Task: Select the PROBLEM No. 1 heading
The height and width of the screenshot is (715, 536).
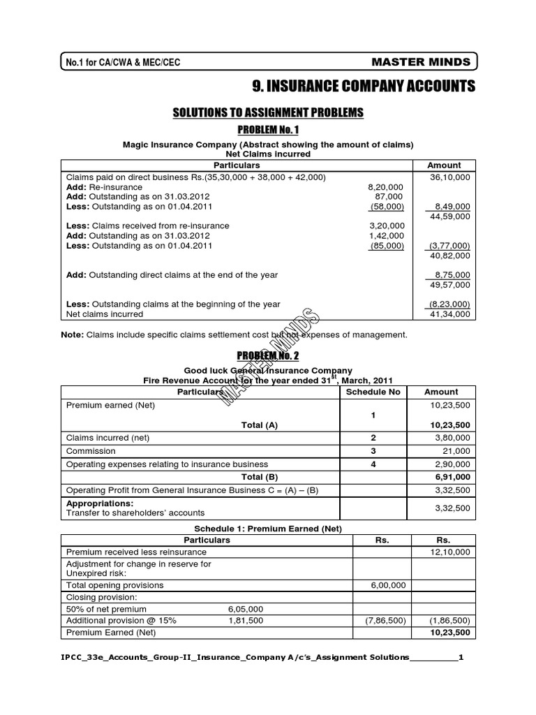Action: click(x=268, y=129)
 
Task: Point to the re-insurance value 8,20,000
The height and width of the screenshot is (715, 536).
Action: click(x=385, y=187)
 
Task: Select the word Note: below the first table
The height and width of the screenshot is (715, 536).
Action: click(x=73, y=335)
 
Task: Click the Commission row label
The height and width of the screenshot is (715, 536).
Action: click(x=90, y=451)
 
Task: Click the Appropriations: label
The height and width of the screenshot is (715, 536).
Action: click(x=99, y=503)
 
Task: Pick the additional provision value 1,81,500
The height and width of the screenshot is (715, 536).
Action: click(x=245, y=620)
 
